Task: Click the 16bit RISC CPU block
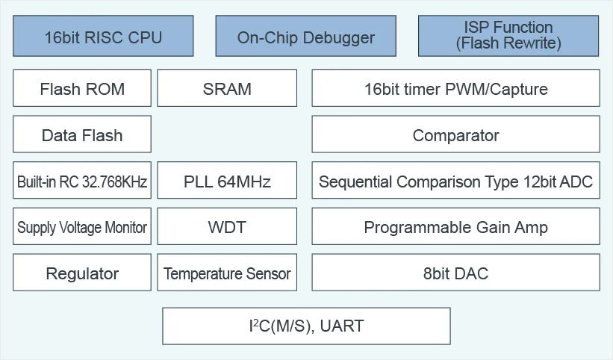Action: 103,36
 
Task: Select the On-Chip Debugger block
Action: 305,36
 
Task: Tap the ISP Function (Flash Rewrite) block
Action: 508,36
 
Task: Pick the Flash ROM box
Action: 82,88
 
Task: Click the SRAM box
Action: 227,88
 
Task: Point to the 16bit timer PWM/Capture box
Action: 456,88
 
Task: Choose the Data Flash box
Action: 82,134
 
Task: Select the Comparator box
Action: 456,134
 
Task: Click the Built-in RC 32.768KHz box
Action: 82,180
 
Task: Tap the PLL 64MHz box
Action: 227,180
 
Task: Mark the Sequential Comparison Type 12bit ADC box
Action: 456,180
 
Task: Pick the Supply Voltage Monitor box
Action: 82,226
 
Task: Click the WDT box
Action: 227,226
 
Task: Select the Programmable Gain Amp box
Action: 456,226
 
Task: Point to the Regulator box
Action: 82,273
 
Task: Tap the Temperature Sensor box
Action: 227,273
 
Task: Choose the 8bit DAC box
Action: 456,273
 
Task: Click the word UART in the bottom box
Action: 342,326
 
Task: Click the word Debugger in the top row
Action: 338,38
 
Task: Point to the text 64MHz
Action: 244,181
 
